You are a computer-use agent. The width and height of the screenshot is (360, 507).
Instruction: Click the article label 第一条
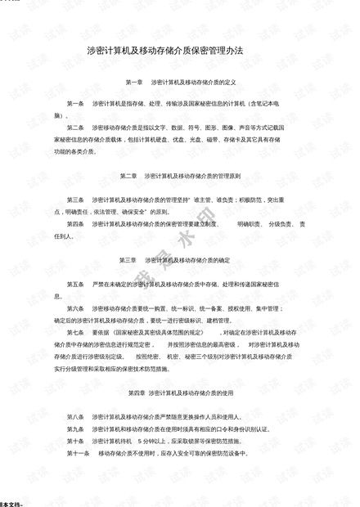pyautogui.click(x=76, y=105)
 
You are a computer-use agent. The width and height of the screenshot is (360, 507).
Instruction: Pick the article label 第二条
pyautogui.click(x=76, y=128)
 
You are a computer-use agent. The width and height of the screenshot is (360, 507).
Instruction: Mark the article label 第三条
pyautogui.click(x=76, y=200)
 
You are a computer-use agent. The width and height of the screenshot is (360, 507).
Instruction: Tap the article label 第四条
pyautogui.click(x=76, y=223)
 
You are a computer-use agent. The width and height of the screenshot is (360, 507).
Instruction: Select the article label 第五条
pyautogui.click(x=76, y=284)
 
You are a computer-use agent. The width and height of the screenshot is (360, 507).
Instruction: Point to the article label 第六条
pyautogui.click(x=76, y=308)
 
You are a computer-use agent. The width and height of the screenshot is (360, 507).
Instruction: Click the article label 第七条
pyautogui.click(x=76, y=333)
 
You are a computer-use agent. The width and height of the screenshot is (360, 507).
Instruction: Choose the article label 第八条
pyautogui.click(x=76, y=417)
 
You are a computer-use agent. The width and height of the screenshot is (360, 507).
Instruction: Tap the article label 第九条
pyautogui.click(x=76, y=429)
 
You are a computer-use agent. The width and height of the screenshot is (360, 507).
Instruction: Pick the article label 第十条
pyautogui.click(x=76, y=441)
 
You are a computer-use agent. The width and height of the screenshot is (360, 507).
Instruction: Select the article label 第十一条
pyautogui.click(x=78, y=452)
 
